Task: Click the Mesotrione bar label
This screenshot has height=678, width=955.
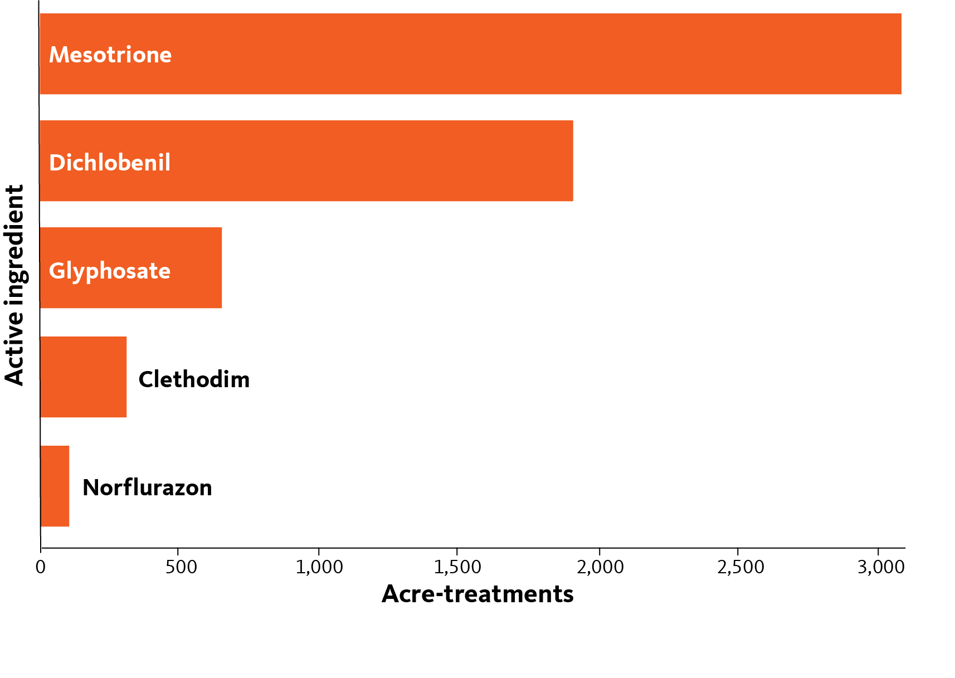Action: [x=110, y=55]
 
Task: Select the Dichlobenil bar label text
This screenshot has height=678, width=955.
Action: [x=110, y=163]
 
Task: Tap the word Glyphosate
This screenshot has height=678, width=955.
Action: [x=110, y=271]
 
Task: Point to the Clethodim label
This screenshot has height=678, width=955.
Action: [x=194, y=379]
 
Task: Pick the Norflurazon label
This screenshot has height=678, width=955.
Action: [x=147, y=487]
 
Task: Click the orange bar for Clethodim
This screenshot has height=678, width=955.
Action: [x=83, y=377]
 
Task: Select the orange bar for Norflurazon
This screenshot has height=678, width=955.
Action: [x=55, y=486]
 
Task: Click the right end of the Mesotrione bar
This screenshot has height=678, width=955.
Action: [x=902, y=53]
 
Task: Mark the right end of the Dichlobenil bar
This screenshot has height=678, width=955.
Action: [x=573, y=161]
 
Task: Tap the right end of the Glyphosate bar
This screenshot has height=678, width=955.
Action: [x=222, y=268]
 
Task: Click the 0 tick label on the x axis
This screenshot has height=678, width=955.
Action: [x=41, y=567]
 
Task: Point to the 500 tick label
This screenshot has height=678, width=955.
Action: [x=181, y=567]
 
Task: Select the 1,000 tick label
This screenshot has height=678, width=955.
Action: [x=319, y=568]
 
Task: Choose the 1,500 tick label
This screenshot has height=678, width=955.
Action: [x=457, y=568]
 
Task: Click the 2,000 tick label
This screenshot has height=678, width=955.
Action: [x=600, y=568]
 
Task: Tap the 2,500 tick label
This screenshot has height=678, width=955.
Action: [x=740, y=568]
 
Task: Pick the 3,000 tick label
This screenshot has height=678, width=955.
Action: [x=881, y=568]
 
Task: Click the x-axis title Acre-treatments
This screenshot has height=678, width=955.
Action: [x=477, y=594]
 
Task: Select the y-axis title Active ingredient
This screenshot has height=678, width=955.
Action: [x=14, y=285]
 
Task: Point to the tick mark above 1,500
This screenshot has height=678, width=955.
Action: [x=457, y=550]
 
